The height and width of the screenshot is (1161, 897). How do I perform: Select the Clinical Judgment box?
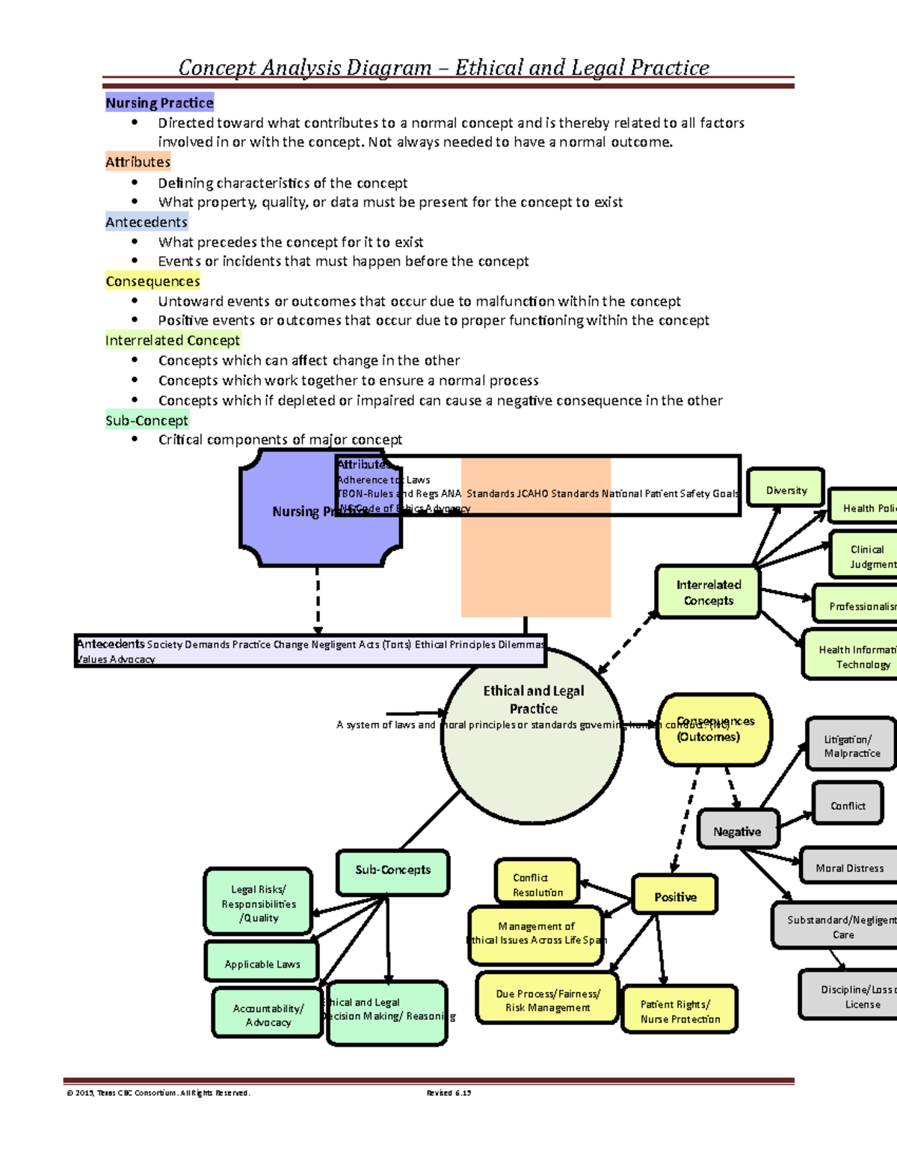(x=865, y=556)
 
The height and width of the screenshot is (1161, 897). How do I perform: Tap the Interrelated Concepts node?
(x=708, y=592)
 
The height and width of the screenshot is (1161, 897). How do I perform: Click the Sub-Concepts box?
(x=392, y=872)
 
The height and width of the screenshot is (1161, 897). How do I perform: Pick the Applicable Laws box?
(x=262, y=963)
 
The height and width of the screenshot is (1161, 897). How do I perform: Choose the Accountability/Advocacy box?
(x=268, y=1014)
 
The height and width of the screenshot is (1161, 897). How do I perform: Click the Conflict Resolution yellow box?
(x=537, y=884)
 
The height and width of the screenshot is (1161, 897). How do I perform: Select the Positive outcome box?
(x=675, y=896)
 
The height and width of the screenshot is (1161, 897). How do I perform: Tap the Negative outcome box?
(x=737, y=831)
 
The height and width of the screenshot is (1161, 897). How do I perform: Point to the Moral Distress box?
(x=849, y=867)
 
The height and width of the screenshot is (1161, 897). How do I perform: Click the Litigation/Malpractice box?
(x=851, y=745)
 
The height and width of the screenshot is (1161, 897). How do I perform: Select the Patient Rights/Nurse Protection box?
(x=679, y=1011)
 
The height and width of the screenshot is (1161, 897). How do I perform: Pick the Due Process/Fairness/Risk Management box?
(x=547, y=1000)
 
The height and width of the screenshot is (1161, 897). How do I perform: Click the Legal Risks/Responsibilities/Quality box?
(x=259, y=902)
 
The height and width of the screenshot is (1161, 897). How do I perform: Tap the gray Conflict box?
(x=848, y=804)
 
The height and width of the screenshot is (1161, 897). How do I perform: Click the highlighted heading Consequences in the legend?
(x=152, y=281)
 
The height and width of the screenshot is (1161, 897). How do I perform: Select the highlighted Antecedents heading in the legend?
(x=147, y=222)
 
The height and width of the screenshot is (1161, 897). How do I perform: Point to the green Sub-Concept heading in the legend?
(x=147, y=420)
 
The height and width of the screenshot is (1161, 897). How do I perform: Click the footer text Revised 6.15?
(x=449, y=1092)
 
